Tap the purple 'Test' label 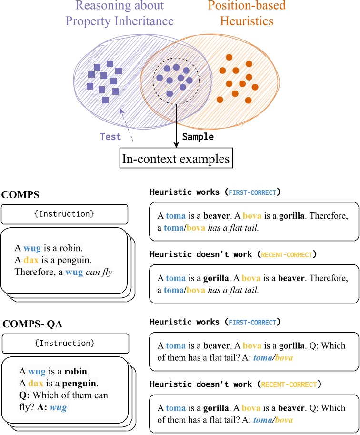(110, 136)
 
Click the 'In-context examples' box (176, 159)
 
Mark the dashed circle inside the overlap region (176, 80)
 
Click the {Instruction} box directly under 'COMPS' (64, 214)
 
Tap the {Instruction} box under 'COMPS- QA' (65, 343)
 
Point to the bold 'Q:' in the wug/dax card (25, 395)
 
